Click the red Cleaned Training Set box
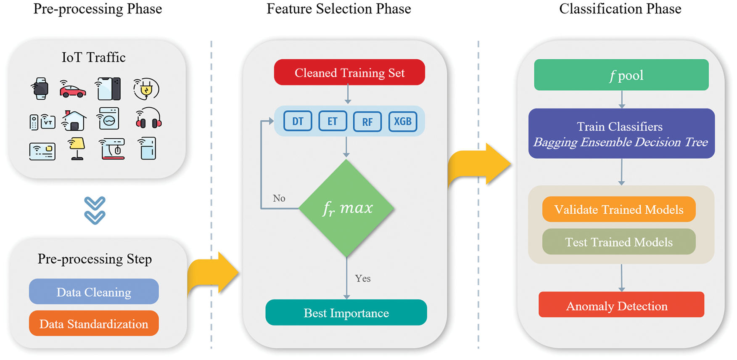[x=349, y=72]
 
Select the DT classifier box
[x=298, y=122]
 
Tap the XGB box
[x=402, y=122]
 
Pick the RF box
[x=367, y=122]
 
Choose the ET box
[x=333, y=122]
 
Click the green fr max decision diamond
[x=346, y=208]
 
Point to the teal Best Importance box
[x=346, y=312]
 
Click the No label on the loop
[x=279, y=198]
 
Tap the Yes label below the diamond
[x=362, y=278]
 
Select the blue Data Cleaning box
[x=94, y=291]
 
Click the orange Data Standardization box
[x=94, y=323]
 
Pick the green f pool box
[x=621, y=75]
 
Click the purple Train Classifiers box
[x=621, y=134]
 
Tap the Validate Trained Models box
[x=618, y=209]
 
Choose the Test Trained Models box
[x=618, y=242]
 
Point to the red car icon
[x=72, y=90]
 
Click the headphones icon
[x=148, y=119]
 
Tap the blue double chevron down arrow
[x=95, y=210]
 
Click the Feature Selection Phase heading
[x=338, y=9]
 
